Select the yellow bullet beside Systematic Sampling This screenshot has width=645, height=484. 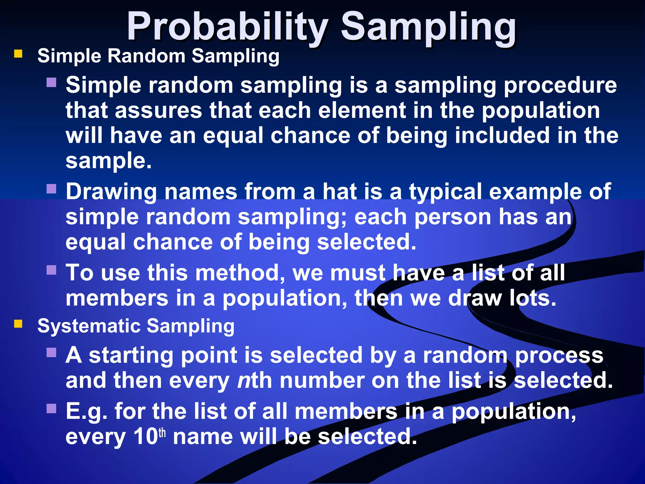pos(18,324)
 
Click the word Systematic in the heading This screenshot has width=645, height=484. pos(88,326)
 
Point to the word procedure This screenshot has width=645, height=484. pos(560,85)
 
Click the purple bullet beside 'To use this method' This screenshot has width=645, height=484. pos(51,270)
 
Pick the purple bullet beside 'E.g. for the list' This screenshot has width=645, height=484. pos(51,409)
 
